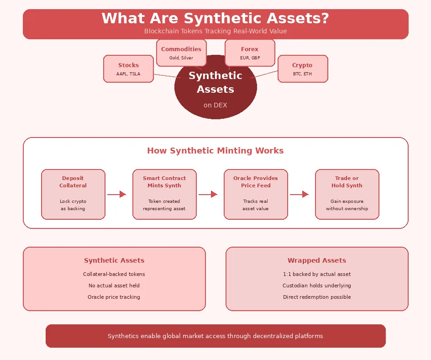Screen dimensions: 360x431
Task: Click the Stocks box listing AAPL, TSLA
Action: pos(128,69)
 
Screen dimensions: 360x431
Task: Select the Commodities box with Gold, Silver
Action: pos(181,53)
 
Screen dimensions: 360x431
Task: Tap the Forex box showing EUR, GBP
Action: pos(250,53)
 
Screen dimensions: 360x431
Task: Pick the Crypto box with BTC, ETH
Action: pos(302,69)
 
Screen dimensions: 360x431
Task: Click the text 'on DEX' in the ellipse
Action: pos(215,105)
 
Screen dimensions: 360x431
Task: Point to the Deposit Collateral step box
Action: pos(73,194)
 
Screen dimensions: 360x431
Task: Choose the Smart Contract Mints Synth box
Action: pos(164,194)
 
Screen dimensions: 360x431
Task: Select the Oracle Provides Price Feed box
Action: pos(256,194)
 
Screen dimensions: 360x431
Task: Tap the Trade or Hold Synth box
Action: pos(347,194)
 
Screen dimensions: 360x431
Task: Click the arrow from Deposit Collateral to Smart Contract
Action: pos(116,194)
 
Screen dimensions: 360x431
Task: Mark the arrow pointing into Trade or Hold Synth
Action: pos(299,194)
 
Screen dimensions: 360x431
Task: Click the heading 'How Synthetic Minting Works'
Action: pos(215,151)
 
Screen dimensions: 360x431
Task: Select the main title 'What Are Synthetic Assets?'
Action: pos(215,19)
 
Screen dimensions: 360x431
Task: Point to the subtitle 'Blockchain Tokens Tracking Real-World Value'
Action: pos(215,31)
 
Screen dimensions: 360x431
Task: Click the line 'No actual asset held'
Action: pos(114,286)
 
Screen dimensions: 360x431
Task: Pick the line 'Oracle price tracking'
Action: pos(114,297)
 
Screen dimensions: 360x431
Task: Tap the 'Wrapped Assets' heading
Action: pos(317,260)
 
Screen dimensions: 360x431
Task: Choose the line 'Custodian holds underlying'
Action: pos(317,286)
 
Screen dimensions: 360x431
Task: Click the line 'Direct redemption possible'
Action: pos(317,297)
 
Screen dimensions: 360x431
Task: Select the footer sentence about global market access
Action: pos(215,336)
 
